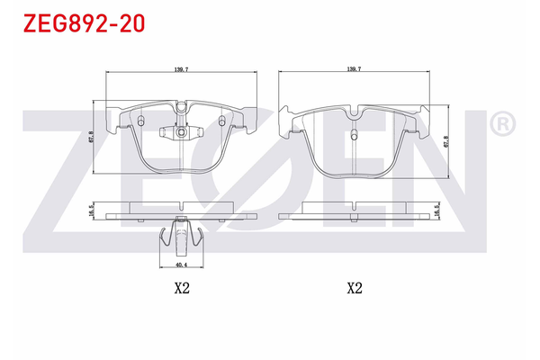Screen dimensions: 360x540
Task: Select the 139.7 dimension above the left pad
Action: (x=181, y=68)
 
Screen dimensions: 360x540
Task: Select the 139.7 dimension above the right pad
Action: (x=354, y=68)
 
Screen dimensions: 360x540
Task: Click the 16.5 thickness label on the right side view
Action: (x=437, y=211)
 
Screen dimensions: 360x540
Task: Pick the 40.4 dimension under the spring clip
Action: (x=181, y=265)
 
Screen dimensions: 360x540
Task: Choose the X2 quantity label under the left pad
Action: (x=181, y=289)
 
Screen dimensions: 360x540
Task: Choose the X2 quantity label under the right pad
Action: (x=354, y=289)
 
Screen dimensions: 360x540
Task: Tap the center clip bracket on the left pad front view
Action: (x=181, y=133)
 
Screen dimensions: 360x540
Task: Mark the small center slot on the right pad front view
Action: (x=355, y=137)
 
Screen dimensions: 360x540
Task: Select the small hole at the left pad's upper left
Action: (x=142, y=119)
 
